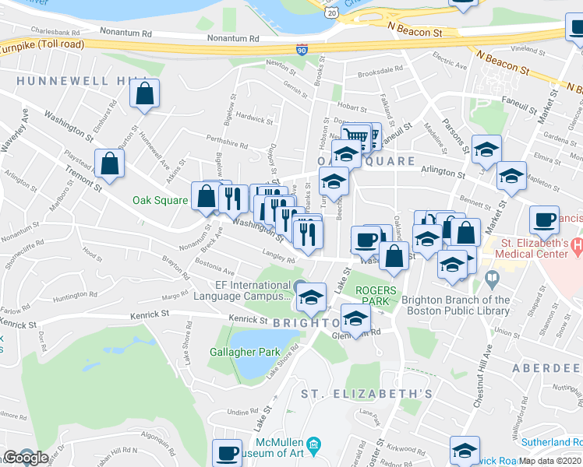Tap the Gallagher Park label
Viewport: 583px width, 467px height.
tap(244, 352)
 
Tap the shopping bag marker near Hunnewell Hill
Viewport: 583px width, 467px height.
tap(145, 95)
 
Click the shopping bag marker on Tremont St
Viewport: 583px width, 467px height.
tap(110, 164)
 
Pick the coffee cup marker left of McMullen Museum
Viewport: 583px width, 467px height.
tap(228, 452)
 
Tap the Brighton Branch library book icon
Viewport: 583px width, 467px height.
tap(491, 278)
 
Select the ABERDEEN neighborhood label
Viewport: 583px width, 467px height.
tap(546, 367)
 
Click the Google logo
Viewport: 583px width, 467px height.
tap(26, 458)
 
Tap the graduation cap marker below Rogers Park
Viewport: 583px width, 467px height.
tap(355, 319)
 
